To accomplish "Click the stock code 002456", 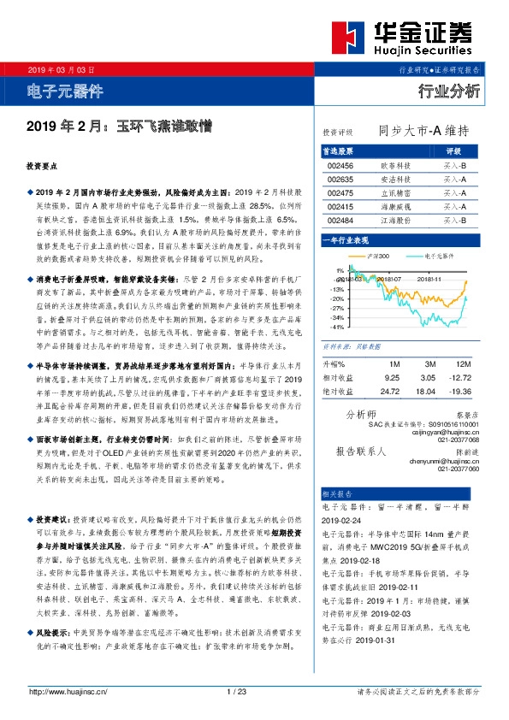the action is coord(340,166).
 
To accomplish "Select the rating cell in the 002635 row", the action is coord(454,180).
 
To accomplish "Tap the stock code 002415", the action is coord(340,207).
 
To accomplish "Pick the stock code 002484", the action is coord(340,221).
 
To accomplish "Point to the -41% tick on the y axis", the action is coord(340,327).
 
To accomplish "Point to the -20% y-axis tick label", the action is coord(340,298).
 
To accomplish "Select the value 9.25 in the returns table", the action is coord(393,376).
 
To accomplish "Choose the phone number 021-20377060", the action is coord(458,469).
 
